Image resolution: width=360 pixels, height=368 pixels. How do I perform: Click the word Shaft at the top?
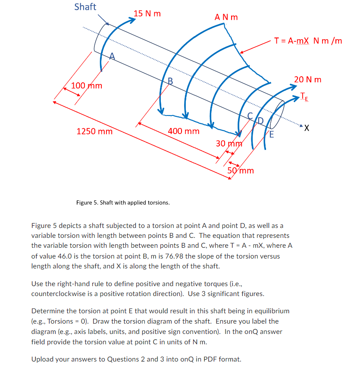[x=85, y=7]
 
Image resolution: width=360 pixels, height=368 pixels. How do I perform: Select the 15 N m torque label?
[x=147, y=13]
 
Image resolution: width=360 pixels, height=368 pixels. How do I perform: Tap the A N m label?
[x=226, y=17]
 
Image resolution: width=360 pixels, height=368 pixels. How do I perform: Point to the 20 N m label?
[x=307, y=79]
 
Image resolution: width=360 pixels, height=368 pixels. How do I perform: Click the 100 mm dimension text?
[x=87, y=85]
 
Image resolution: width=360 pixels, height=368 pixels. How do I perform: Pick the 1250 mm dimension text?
[x=94, y=131]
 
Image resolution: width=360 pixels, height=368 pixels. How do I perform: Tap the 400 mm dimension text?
[x=184, y=131]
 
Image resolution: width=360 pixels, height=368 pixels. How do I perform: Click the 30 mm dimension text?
[x=229, y=143]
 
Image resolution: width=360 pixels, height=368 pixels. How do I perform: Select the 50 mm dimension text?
[x=241, y=170]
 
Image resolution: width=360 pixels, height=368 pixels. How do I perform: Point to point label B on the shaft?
[x=170, y=81]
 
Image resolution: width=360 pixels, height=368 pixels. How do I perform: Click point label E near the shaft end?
[x=272, y=134]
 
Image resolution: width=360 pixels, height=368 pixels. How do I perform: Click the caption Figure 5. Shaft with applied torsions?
[x=123, y=203]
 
